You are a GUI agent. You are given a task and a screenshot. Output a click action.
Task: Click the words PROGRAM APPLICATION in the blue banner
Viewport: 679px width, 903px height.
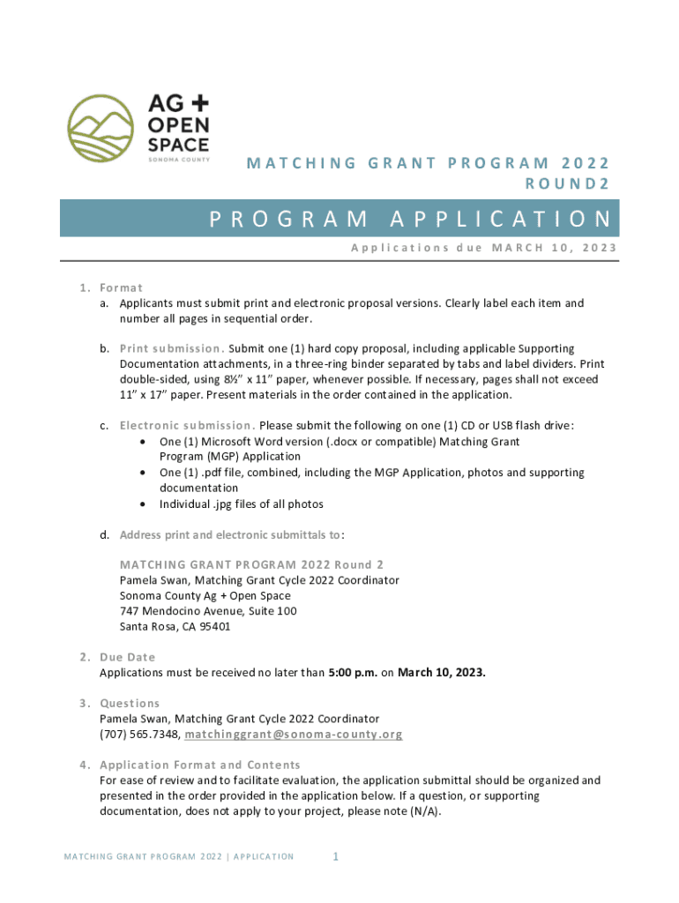[410, 220]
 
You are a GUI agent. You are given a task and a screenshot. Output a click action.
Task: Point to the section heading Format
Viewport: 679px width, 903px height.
[122, 287]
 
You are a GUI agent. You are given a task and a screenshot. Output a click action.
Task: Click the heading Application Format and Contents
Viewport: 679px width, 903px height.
[200, 765]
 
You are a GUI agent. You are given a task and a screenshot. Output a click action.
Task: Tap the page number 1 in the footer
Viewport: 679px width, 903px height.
[336, 856]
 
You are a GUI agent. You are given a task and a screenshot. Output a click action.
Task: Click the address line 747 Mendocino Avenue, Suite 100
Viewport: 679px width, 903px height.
[208, 610]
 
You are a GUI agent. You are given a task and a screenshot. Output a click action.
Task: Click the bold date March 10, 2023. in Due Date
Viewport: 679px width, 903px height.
[442, 673]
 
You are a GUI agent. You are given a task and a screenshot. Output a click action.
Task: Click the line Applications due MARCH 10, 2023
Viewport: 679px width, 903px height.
[483, 248]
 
